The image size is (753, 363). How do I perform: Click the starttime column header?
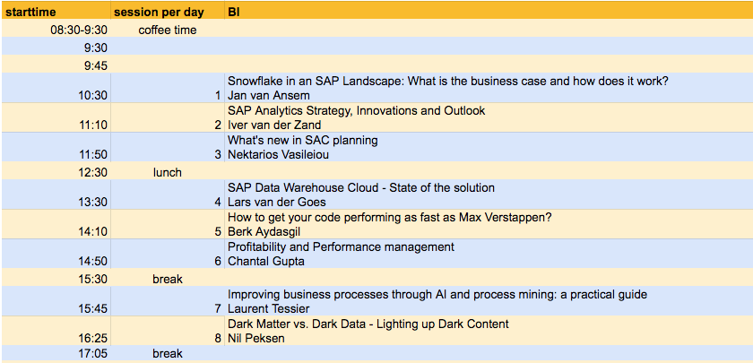[30, 12]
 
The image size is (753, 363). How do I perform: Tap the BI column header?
[234, 12]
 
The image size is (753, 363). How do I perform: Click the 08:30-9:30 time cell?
[79, 30]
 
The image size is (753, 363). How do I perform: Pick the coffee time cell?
[167, 30]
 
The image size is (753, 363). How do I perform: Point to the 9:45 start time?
[96, 65]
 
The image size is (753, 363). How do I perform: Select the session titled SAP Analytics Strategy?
[357, 111]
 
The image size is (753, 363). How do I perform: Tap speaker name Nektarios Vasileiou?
[278, 154]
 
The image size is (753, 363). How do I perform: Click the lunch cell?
[167, 172]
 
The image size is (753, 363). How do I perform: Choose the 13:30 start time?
[93, 203]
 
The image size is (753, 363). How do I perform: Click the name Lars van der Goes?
[277, 203]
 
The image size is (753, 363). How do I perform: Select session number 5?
[218, 232]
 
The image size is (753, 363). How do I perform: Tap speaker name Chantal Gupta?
[265, 262]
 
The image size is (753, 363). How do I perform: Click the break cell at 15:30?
[167, 279]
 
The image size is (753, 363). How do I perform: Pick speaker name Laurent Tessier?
[268, 308]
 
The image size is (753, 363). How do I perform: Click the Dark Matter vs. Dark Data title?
[368, 324]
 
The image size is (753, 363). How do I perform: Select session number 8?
[218, 339]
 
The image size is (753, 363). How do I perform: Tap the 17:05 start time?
[93, 354]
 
